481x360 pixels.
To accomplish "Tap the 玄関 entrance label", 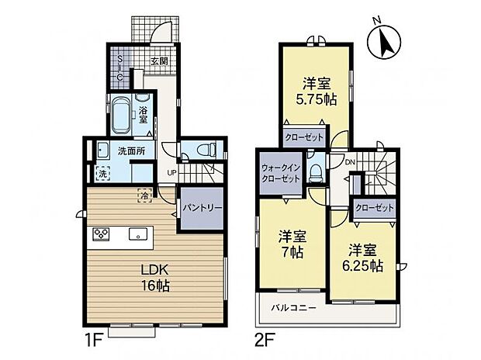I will coord(159,61).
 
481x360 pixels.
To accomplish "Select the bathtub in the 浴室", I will coord(121,116).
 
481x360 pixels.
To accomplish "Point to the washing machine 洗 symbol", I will coord(102,174).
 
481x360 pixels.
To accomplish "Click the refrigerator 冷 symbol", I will coord(144,196).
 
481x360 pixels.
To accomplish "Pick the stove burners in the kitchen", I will coord(101,233).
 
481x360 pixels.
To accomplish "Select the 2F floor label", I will coord(265,339).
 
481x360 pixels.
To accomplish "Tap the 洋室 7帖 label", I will coord(292,245).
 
